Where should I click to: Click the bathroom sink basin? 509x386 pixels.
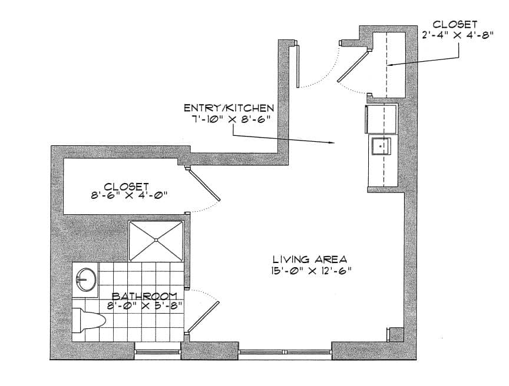coord(85,279)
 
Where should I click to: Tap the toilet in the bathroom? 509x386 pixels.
coord(88,321)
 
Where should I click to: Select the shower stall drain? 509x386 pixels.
coord(156,240)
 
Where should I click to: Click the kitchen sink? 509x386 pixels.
coord(381,146)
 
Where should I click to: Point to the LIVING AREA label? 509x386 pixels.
coord(310,259)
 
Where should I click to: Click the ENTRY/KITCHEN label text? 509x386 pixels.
coord(229,108)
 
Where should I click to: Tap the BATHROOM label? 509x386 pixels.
coord(144,296)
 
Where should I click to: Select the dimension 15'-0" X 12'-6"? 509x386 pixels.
coord(311,271)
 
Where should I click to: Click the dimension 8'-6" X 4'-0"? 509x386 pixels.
coord(129,195)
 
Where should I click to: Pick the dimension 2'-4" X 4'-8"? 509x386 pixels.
coord(458,35)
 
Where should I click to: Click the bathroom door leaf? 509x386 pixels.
coord(203,317)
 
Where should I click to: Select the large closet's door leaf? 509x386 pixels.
coord(205,185)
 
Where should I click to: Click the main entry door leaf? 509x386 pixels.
coord(298,66)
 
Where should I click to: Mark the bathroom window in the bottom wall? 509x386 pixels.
coord(157,352)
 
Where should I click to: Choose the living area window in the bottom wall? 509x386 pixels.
coord(285,352)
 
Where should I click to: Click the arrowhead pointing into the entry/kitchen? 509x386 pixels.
coord(332,142)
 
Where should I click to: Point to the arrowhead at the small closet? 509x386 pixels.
coord(391,65)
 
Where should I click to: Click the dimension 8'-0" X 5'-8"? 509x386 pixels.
coord(144,305)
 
